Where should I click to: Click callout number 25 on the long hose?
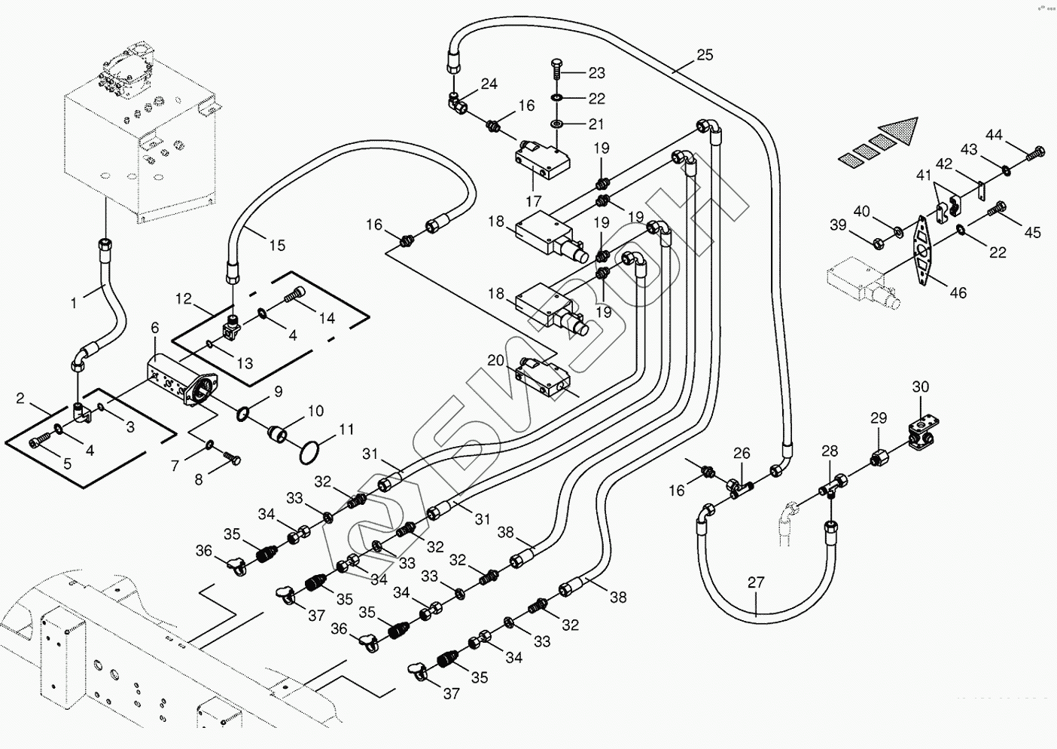click(x=705, y=55)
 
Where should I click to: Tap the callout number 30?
click(x=921, y=387)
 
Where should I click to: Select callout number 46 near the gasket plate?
click(x=958, y=292)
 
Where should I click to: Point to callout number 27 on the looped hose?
click(x=756, y=582)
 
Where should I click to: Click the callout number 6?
click(x=155, y=328)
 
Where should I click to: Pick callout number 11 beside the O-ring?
click(x=346, y=430)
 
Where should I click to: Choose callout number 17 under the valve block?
click(x=534, y=201)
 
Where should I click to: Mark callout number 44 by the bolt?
click(x=995, y=135)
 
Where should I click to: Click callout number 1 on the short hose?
click(x=74, y=304)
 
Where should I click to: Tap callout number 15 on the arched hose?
click(x=277, y=245)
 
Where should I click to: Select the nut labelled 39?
click(x=878, y=243)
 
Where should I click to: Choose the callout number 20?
click(x=495, y=361)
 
